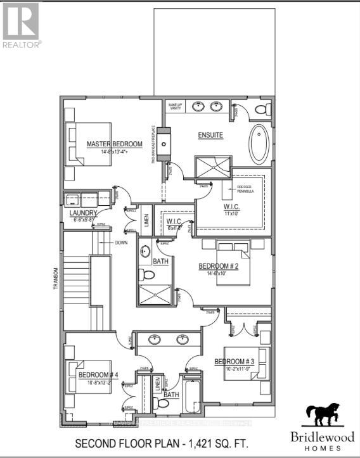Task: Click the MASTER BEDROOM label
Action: tap(114, 144)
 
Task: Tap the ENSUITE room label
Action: tap(210, 134)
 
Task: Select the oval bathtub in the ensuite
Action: tap(259, 144)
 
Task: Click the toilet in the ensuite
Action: tap(260, 110)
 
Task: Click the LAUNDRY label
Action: tap(84, 213)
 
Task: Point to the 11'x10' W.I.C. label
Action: tap(230, 210)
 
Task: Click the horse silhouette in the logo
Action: tap(323, 415)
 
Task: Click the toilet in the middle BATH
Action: tap(146, 274)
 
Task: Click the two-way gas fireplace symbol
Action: tap(164, 143)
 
